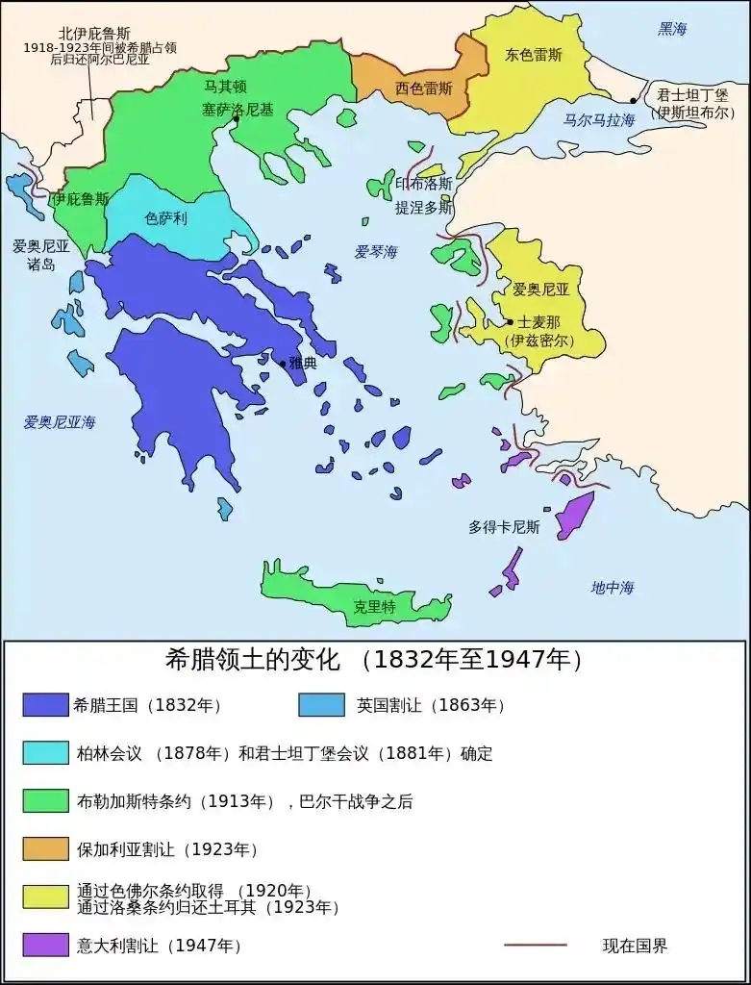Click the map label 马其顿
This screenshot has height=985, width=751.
[x=225, y=87]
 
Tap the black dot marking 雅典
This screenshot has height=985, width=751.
[x=283, y=364]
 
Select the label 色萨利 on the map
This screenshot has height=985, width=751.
[x=165, y=219]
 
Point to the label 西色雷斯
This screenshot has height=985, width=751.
[x=423, y=88]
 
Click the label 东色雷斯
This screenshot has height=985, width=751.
[x=533, y=55]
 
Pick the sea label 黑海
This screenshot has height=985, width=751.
[x=672, y=30]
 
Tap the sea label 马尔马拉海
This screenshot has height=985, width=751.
[x=599, y=120]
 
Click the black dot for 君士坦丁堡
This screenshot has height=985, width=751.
[x=633, y=100]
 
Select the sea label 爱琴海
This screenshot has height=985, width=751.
[x=375, y=252]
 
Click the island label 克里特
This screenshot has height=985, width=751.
[x=374, y=607]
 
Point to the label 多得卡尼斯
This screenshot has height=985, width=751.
[x=504, y=527]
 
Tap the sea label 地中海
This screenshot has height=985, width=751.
[x=613, y=587]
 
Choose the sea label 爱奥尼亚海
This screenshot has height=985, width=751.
[x=60, y=421]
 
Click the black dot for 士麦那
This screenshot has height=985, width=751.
[x=510, y=322]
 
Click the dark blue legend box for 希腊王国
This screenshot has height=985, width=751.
[x=45, y=705]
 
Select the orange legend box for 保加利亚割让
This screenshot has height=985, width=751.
[x=45, y=848]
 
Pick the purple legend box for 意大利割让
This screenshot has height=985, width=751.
[x=45, y=946]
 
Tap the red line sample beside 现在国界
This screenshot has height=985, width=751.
[x=536, y=946]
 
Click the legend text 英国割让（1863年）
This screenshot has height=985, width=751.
[x=431, y=705]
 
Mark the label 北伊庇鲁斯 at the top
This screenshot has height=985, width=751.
[x=93, y=34]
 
